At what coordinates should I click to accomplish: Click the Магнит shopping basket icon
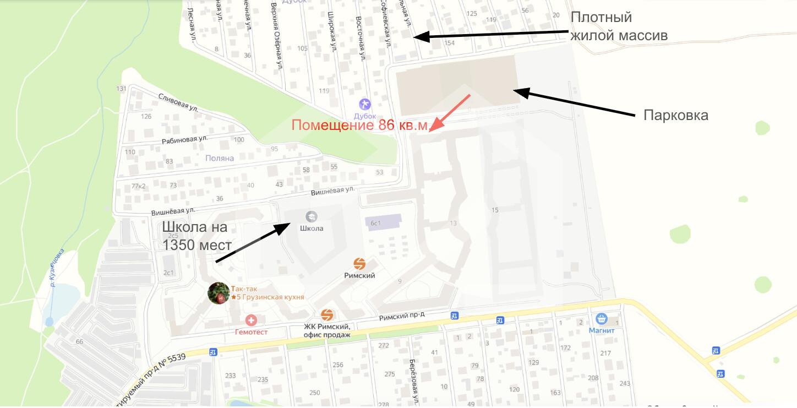(601, 319)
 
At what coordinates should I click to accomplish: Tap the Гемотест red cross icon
(252, 320)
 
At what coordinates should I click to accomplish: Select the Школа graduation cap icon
(312, 216)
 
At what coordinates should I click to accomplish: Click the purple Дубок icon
(364, 104)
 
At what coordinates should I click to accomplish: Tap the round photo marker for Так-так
(219, 293)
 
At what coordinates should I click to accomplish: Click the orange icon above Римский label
(359, 264)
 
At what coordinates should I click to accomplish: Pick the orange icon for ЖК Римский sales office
(327, 315)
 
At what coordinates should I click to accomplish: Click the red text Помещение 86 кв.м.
(359, 125)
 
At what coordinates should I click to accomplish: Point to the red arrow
(450, 113)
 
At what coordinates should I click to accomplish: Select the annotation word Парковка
(675, 116)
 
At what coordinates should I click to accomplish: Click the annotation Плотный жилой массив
(619, 26)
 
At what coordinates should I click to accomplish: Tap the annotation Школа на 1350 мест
(195, 236)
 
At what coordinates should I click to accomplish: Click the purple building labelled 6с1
(376, 223)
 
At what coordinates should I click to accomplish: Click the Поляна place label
(219, 158)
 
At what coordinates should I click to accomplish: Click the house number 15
(495, 210)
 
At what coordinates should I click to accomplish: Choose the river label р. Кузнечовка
(57, 268)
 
